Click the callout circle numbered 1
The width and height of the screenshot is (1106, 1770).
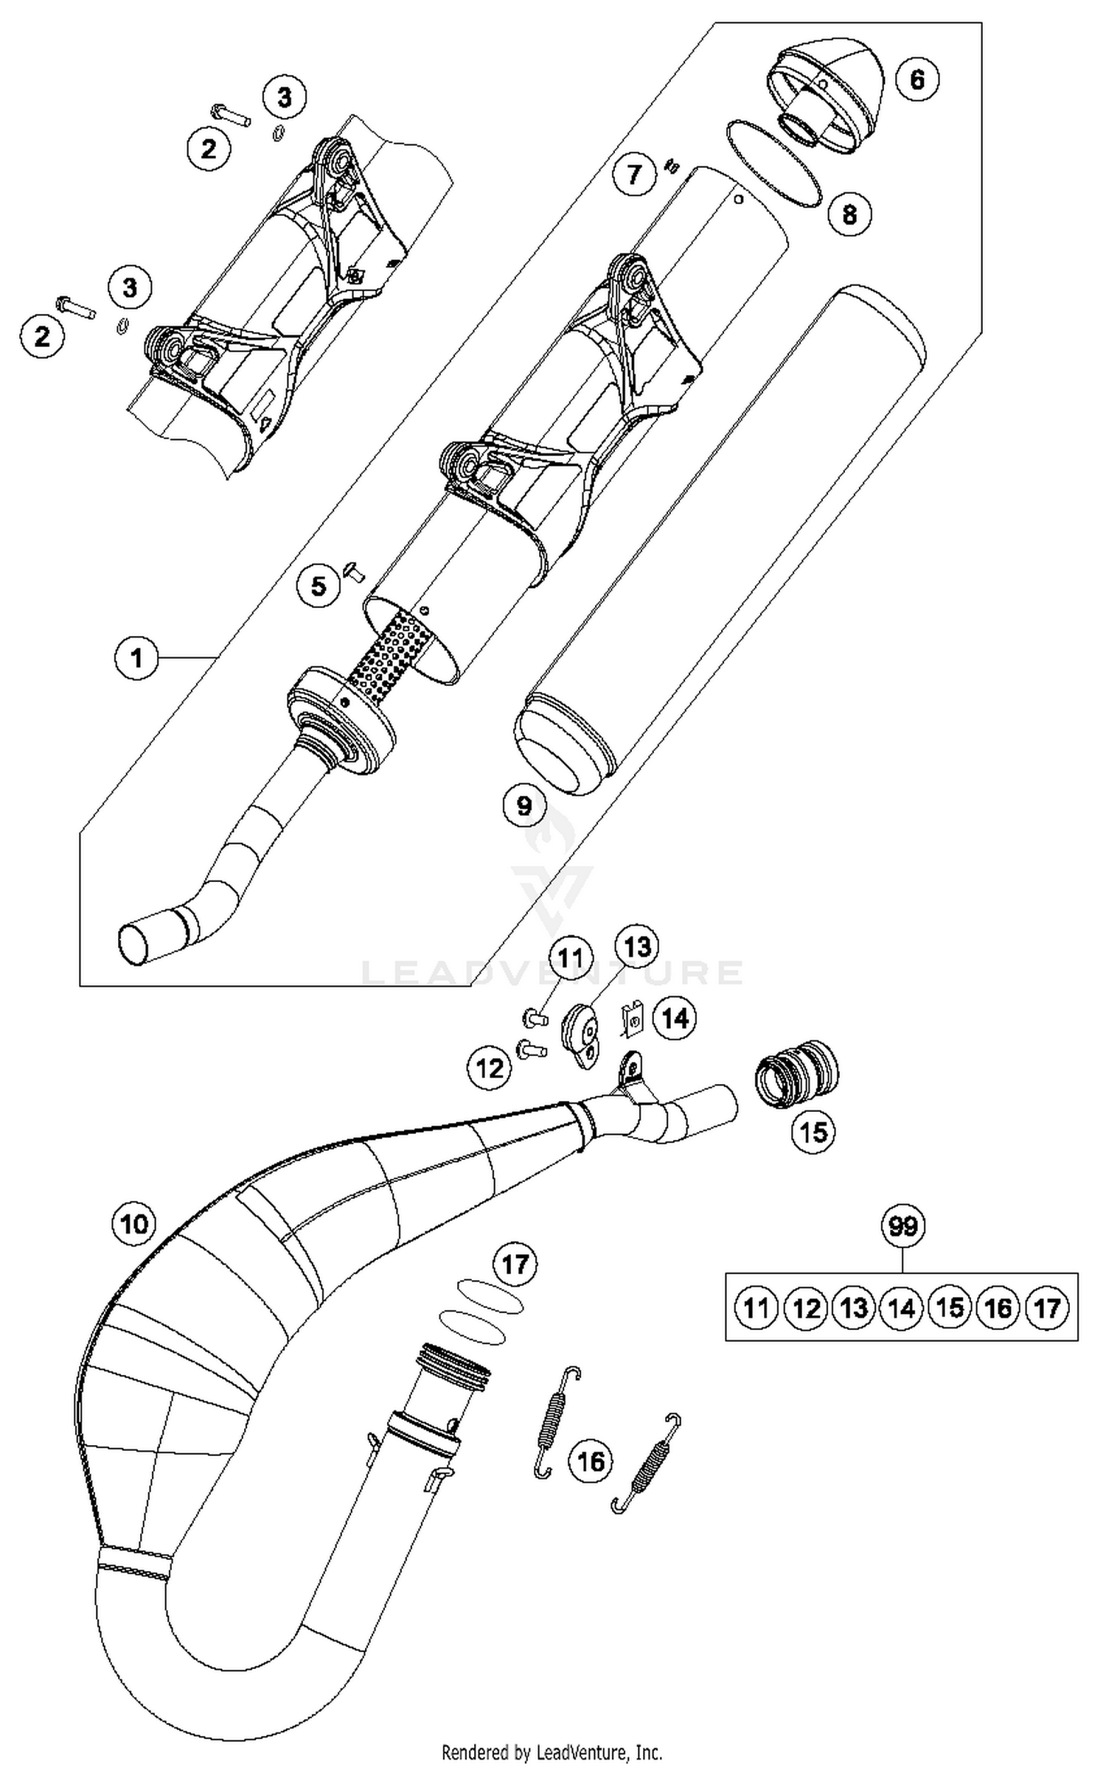[x=137, y=657]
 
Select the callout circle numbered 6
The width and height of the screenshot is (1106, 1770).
[x=917, y=78]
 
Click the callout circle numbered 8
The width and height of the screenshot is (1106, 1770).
[x=849, y=214]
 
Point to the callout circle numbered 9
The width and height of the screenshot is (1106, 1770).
[x=524, y=805]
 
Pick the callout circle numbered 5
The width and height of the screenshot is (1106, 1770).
[x=319, y=586]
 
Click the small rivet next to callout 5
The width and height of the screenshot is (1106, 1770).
[x=354, y=571]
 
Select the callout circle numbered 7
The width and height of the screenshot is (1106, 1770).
[x=635, y=175]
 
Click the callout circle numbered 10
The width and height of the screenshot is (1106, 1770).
[x=134, y=1224]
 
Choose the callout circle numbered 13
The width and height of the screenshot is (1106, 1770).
[x=637, y=946]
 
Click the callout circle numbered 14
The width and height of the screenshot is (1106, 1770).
[x=675, y=1018]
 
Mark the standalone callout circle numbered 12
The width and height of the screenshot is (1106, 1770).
[x=490, y=1068]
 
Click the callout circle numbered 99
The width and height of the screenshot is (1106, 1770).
[x=903, y=1226]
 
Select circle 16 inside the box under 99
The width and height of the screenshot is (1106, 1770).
[x=998, y=1308]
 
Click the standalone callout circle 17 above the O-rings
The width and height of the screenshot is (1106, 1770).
[x=515, y=1264]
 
